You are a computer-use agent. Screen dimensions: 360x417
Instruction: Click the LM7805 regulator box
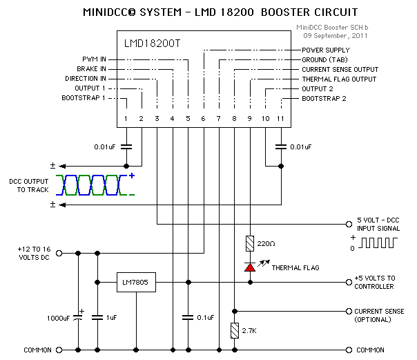(x=137, y=282)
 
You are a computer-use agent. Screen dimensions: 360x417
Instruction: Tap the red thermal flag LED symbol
(x=250, y=267)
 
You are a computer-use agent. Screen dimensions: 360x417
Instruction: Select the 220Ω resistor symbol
(x=250, y=243)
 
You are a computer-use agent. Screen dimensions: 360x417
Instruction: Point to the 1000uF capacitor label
(x=57, y=319)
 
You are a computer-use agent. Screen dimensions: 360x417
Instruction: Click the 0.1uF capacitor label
(x=205, y=318)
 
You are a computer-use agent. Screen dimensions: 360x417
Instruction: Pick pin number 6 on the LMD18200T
(x=203, y=120)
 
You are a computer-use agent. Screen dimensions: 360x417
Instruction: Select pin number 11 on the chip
(x=280, y=120)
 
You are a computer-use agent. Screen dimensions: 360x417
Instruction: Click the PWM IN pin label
(x=91, y=59)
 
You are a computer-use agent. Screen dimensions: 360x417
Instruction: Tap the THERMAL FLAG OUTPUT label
(x=338, y=79)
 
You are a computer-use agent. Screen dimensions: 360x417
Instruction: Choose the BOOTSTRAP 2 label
(x=324, y=99)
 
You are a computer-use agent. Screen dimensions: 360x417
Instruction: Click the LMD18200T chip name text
(x=152, y=43)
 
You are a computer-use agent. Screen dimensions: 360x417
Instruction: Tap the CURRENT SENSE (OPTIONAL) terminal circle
(x=349, y=310)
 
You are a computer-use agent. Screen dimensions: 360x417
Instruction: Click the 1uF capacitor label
(x=111, y=319)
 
